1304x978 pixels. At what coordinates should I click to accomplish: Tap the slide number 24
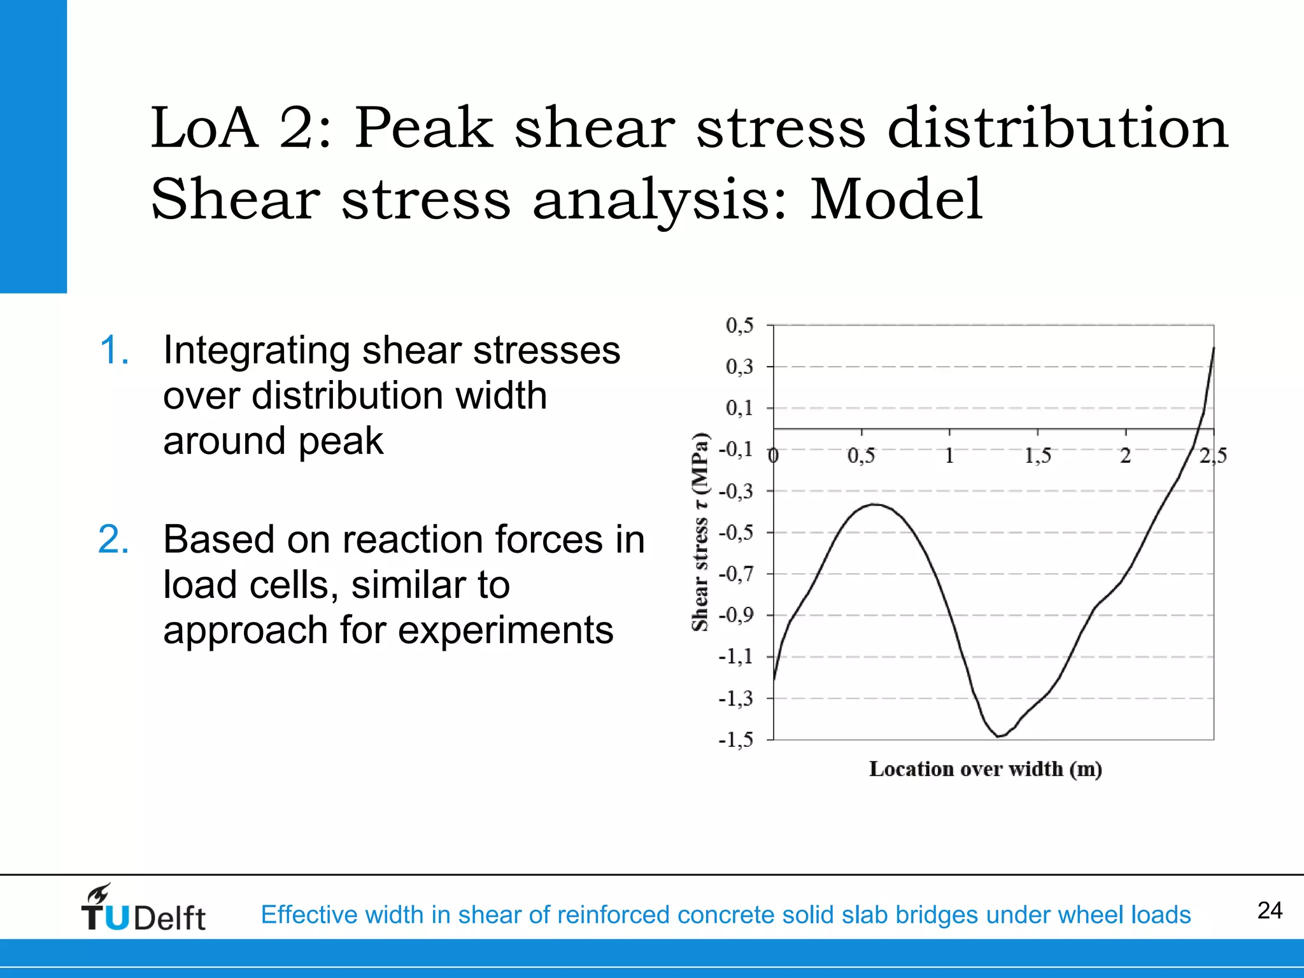(x=1270, y=911)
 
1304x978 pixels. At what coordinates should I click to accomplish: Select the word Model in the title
(x=896, y=199)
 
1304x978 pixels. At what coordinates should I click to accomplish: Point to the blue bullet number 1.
(x=115, y=350)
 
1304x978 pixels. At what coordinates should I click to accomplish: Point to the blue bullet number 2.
(x=114, y=539)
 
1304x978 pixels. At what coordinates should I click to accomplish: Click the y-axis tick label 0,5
(x=739, y=325)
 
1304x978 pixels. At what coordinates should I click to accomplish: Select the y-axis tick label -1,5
(x=736, y=740)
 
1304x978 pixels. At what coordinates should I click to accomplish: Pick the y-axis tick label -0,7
(x=736, y=574)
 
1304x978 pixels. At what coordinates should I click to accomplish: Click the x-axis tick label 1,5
(x=1037, y=456)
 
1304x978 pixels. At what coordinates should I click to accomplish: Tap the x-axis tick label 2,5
(x=1213, y=456)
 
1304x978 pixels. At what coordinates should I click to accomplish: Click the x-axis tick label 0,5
(x=861, y=456)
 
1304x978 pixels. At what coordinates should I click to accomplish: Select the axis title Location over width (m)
(x=986, y=769)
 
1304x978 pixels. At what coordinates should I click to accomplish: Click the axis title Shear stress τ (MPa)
(x=700, y=532)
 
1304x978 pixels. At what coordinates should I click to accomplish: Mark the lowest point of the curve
(x=999, y=737)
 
